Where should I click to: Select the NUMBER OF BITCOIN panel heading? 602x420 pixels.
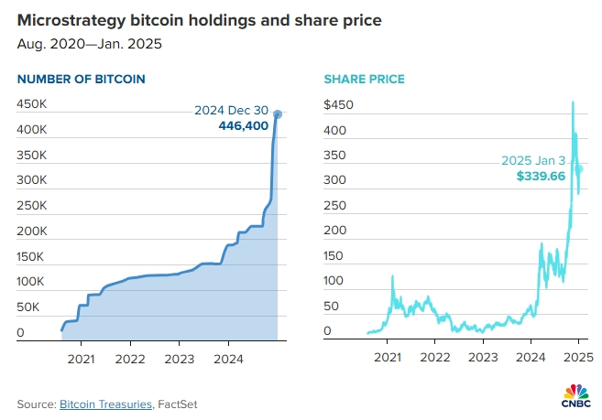[x=81, y=80]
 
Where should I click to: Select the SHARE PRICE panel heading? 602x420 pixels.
[x=365, y=80]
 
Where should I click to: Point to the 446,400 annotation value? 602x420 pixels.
[x=244, y=126]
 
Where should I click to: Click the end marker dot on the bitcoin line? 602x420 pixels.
[x=278, y=114]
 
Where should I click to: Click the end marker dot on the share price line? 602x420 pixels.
[x=578, y=168]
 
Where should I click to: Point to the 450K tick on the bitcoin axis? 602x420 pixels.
[x=32, y=104]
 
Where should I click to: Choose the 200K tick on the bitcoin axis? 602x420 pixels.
[x=32, y=231]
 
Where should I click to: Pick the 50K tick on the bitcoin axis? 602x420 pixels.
[x=29, y=307]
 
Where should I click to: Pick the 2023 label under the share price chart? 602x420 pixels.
[x=485, y=357]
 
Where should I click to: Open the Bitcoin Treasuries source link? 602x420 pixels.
[x=106, y=404]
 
